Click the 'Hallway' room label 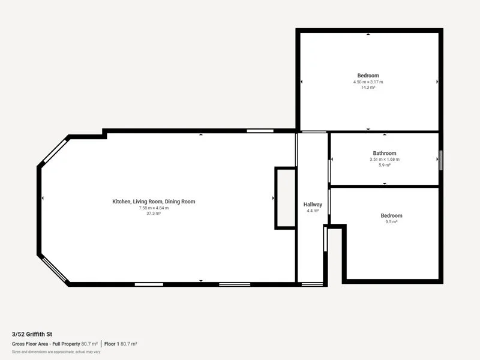point(313,205)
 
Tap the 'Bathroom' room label point(385,154)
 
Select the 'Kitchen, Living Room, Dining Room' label point(154,202)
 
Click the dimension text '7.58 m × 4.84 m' point(154,208)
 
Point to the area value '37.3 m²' point(154,214)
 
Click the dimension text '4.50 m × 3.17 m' point(368,82)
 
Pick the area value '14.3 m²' point(368,88)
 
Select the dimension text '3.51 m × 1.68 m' point(385,160)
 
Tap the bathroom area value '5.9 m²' point(385,165)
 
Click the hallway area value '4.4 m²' point(313,211)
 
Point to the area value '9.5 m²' point(391,222)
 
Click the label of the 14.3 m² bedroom point(368,76)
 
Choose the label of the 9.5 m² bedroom point(391,215)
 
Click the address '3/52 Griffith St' point(31,334)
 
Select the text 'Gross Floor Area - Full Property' point(46,344)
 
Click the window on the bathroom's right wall point(440,160)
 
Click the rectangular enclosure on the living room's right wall point(286,198)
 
